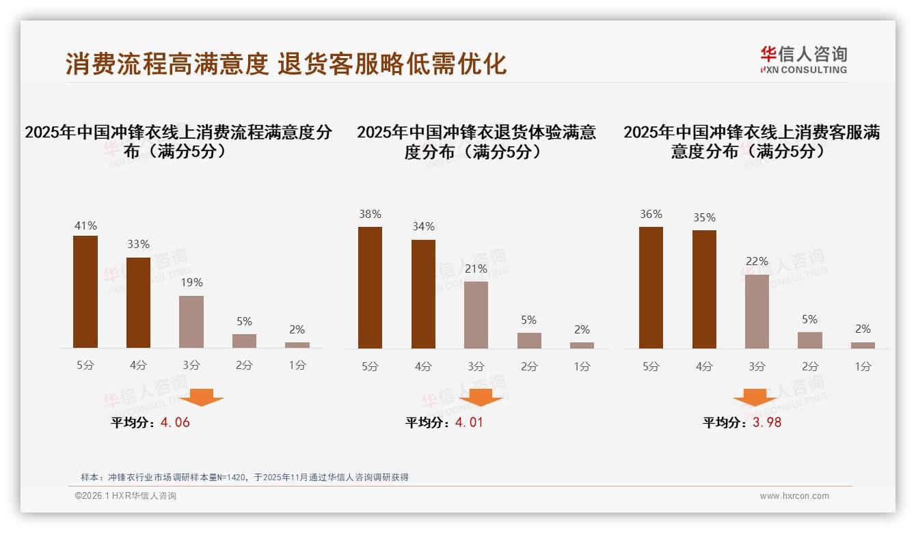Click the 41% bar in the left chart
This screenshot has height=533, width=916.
click(x=85, y=292)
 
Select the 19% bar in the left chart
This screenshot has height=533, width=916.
click(x=191, y=322)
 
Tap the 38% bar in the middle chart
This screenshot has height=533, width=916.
click(x=370, y=288)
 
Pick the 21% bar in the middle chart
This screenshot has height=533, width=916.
click(x=476, y=315)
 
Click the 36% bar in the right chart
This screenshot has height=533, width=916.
click(x=651, y=288)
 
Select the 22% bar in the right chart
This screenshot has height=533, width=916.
click(x=757, y=312)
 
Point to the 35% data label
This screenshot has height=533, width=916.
click(x=704, y=218)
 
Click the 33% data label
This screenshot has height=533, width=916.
click(x=139, y=245)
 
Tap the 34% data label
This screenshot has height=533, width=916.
click(x=423, y=227)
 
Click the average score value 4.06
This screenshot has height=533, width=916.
click(x=175, y=422)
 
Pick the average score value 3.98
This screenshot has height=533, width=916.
click(x=767, y=422)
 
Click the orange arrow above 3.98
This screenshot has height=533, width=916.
click(x=755, y=398)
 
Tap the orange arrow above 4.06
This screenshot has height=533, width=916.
click(x=202, y=397)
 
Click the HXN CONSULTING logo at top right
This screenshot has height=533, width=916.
click(x=803, y=60)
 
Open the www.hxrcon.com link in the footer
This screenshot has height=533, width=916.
click(x=794, y=496)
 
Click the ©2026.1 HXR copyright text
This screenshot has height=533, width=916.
click(x=125, y=496)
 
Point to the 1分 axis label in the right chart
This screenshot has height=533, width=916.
click(x=863, y=366)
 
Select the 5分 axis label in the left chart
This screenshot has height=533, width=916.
click(x=85, y=366)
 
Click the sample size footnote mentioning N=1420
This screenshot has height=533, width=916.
click(x=244, y=477)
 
